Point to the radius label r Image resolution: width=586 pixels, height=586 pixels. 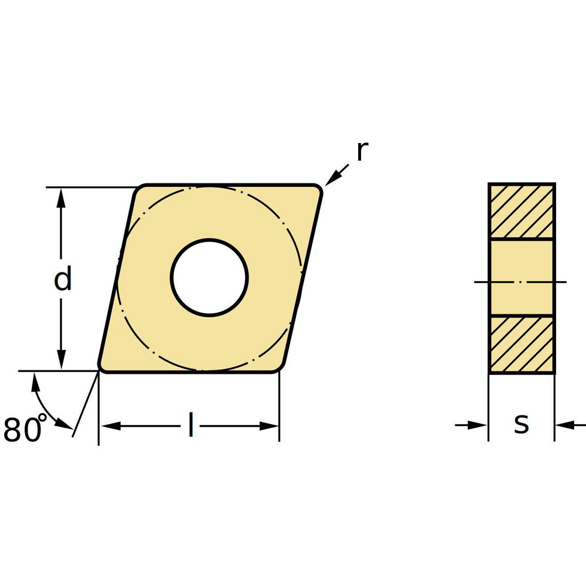click(x=362, y=151)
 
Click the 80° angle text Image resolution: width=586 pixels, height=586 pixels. click(x=24, y=429)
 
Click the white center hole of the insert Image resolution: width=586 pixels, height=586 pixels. click(x=209, y=278)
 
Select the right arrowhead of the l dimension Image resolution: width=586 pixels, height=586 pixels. click(x=269, y=426)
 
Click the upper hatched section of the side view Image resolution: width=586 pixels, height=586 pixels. click(x=521, y=211)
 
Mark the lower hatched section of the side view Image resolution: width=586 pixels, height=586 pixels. click(x=521, y=344)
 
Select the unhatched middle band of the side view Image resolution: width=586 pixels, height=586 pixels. click(x=521, y=277)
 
